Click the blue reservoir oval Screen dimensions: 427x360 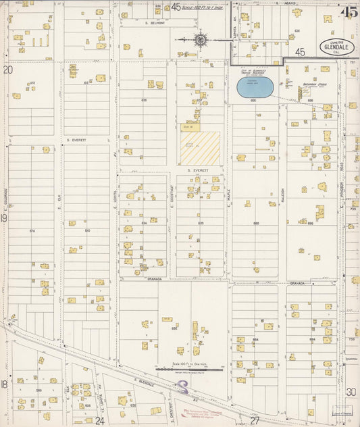[x=255, y=86]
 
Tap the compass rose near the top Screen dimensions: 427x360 [x=201, y=39]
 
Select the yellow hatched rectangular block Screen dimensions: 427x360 [x=200, y=148]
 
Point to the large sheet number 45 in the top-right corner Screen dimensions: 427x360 [x=349, y=11]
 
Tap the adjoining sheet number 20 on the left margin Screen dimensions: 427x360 [x=7, y=69]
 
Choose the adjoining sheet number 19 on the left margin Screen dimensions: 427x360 [x=4, y=218]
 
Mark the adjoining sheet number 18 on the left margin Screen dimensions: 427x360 [x=4, y=384]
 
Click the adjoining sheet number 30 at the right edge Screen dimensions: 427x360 [x=351, y=391]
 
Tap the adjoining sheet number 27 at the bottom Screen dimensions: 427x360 [x=255, y=420]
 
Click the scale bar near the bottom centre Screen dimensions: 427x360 [x=189, y=370]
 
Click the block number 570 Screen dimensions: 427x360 [x=32, y=231]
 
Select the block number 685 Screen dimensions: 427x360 [x=256, y=222]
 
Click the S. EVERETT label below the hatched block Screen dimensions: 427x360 [x=199, y=171]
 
